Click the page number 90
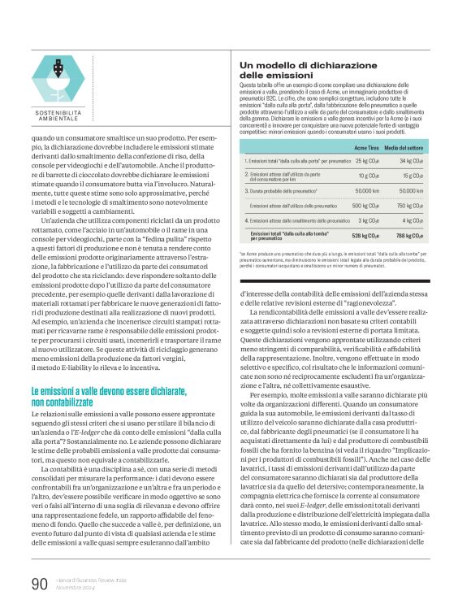point(40,583)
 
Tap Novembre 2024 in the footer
point(77,588)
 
